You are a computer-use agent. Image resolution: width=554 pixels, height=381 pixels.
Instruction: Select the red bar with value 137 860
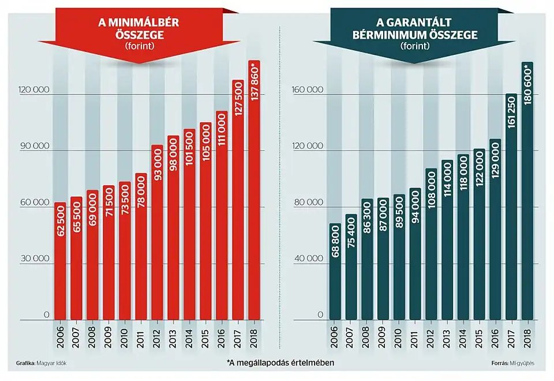(x=254, y=190)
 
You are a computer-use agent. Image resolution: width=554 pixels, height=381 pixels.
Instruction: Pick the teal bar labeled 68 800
(x=335, y=271)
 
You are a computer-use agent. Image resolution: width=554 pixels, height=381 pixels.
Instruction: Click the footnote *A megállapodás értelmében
(x=281, y=363)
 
